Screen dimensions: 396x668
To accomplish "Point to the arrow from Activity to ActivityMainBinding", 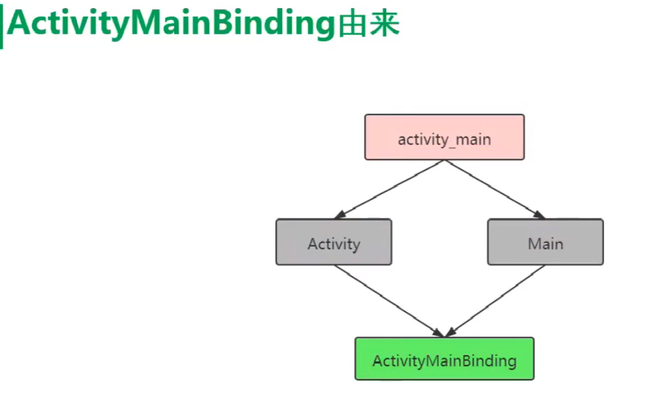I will pyautogui.click(x=388, y=300).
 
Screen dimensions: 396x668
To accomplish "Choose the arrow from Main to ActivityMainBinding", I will pyautogui.click(x=496, y=300).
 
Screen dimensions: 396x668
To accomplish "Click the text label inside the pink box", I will pyautogui.click(x=444, y=139).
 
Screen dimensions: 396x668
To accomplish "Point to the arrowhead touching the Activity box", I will pyautogui.click(x=339, y=215).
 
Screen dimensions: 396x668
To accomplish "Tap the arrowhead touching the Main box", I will pyautogui.click(x=539, y=215).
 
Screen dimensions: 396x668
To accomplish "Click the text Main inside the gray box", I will pyautogui.click(x=545, y=243).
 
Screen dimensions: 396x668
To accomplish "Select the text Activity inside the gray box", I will pyautogui.click(x=334, y=243).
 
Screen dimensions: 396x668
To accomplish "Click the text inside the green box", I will pyautogui.click(x=444, y=361).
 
